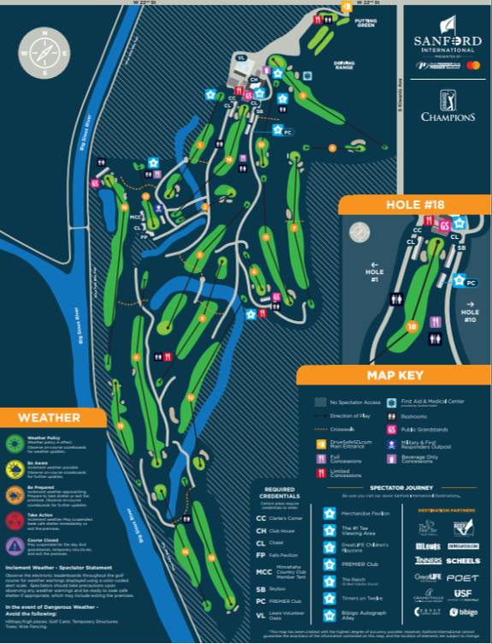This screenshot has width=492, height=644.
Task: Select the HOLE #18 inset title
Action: (x=415, y=206)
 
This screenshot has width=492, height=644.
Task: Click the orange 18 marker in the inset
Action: (x=412, y=326)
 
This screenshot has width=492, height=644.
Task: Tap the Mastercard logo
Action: (x=473, y=66)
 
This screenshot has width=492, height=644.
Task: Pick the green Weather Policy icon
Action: (x=15, y=443)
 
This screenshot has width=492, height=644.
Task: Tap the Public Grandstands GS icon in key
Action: (x=392, y=428)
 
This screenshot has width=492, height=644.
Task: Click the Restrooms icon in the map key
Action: (x=392, y=414)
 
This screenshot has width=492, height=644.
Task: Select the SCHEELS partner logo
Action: (x=463, y=560)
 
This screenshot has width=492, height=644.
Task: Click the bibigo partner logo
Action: (x=463, y=612)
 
